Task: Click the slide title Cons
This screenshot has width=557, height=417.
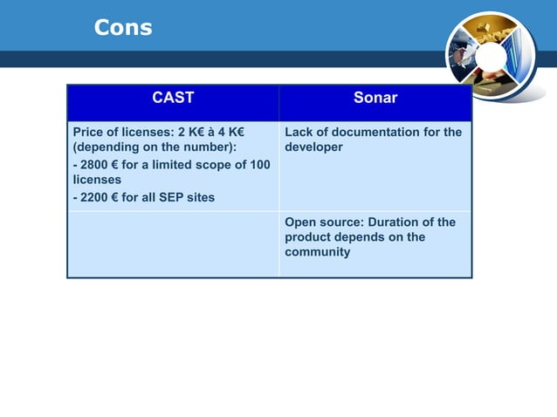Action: click(123, 28)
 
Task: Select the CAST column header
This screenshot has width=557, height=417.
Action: click(173, 98)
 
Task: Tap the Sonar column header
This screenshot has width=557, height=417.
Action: click(375, 98)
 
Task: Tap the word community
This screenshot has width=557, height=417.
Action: click(317, 252)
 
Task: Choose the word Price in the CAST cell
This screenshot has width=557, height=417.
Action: click(89, 133)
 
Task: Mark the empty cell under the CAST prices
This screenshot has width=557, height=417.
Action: click(173, 243)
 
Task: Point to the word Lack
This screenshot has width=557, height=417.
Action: click(299, 133)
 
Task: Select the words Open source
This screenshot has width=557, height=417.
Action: click(324, 222)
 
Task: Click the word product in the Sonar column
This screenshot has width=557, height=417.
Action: click(308, 237)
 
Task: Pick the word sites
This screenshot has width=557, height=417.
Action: click(200, 197)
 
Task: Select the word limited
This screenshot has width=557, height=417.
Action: click(166, 165)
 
